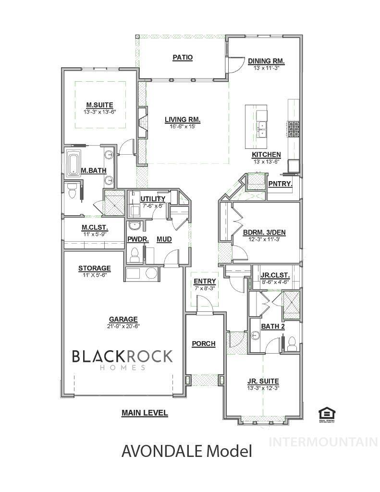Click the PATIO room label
click(x=183, y=58)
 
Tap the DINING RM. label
click(x=266, y=61)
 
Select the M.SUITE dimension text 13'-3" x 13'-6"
click(x=99, y=111)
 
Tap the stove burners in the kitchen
click(x=294, y=128)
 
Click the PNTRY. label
click(x=278, y=184)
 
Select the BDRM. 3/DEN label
click(x=264, y=233)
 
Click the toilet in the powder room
click(x=135, y=254)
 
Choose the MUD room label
click(x=164, y=239)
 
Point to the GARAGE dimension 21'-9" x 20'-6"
click(x=123, y=326)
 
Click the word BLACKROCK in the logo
click(x=122, y=356)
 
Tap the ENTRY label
click(x=205, y=282)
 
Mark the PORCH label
click(x=203, y=344)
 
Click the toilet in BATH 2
click(x=291, y=343)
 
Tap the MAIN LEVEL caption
click(x=144, y=413)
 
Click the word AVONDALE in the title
click(x=162, y=451)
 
